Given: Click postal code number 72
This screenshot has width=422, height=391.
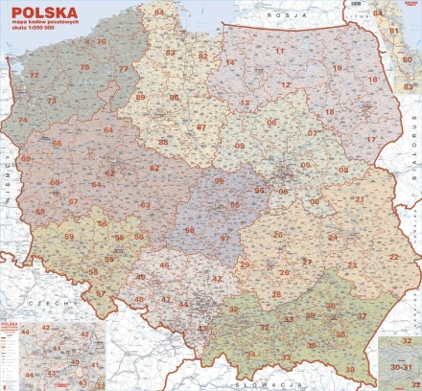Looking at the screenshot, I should (35, 75).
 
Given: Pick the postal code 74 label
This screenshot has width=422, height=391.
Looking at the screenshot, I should (21, 121).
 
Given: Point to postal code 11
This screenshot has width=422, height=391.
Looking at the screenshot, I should (280, 50).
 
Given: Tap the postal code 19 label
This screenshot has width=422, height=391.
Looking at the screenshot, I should (337, 68).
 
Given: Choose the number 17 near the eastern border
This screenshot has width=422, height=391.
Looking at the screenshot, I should (370, 140).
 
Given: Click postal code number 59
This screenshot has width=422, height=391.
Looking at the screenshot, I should (68, 236).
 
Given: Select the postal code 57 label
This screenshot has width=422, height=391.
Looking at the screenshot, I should (101, 294).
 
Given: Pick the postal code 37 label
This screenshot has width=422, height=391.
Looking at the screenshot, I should (362, 315).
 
